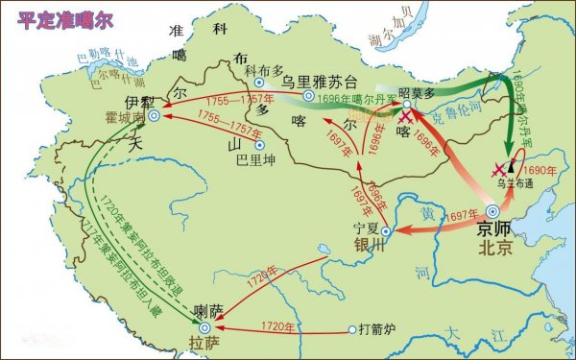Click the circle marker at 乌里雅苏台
(308, 96)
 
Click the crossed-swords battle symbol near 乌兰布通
(499, 171)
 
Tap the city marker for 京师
(492, 210)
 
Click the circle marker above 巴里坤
(258, 144)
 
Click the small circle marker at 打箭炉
(351, 329)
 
